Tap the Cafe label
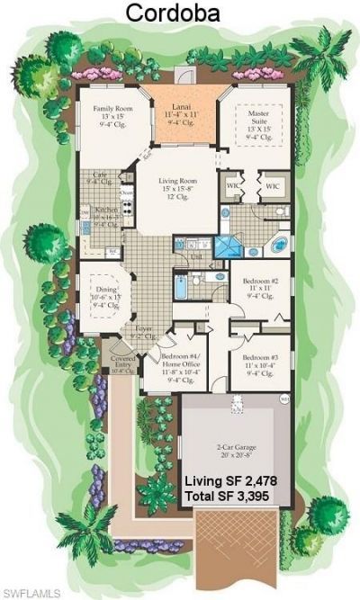pos(97,180)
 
